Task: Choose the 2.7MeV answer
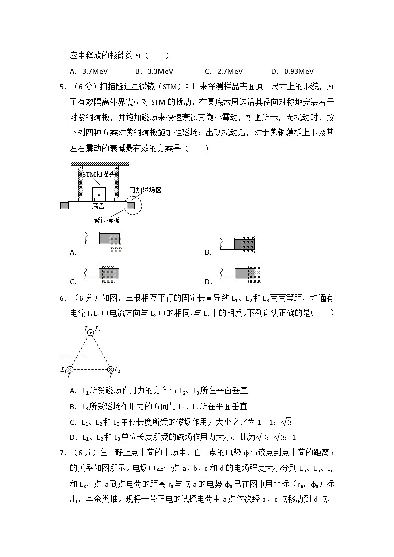coord(230,71)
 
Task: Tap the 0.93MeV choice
coord(299,71)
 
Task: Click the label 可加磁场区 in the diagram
coord(146,190)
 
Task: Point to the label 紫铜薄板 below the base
coord(107,220)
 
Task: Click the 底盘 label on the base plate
coord(98,206)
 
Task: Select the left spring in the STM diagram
coord(78,184)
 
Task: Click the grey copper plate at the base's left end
coord(65,205)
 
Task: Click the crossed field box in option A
coord(116,245)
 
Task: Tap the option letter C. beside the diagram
coord(73,282)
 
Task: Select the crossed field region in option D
coord(254,274)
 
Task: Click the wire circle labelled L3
coord(90,333)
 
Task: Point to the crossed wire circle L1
coord(70,370)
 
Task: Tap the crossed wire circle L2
coord(110,370)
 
